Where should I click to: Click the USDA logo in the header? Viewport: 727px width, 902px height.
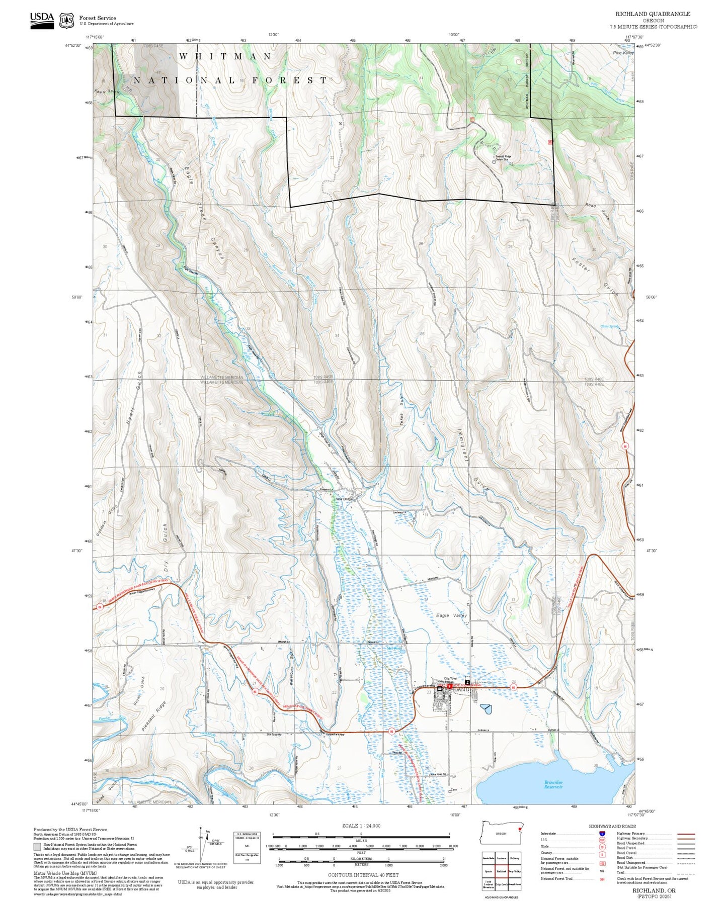41,20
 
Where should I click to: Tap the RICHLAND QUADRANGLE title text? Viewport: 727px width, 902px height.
653,14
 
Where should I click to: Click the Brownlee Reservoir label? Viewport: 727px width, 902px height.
553,784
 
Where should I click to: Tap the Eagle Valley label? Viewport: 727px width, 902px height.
451,615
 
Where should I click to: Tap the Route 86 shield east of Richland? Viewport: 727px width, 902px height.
513,687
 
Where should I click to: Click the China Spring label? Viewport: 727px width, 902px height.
609,326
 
